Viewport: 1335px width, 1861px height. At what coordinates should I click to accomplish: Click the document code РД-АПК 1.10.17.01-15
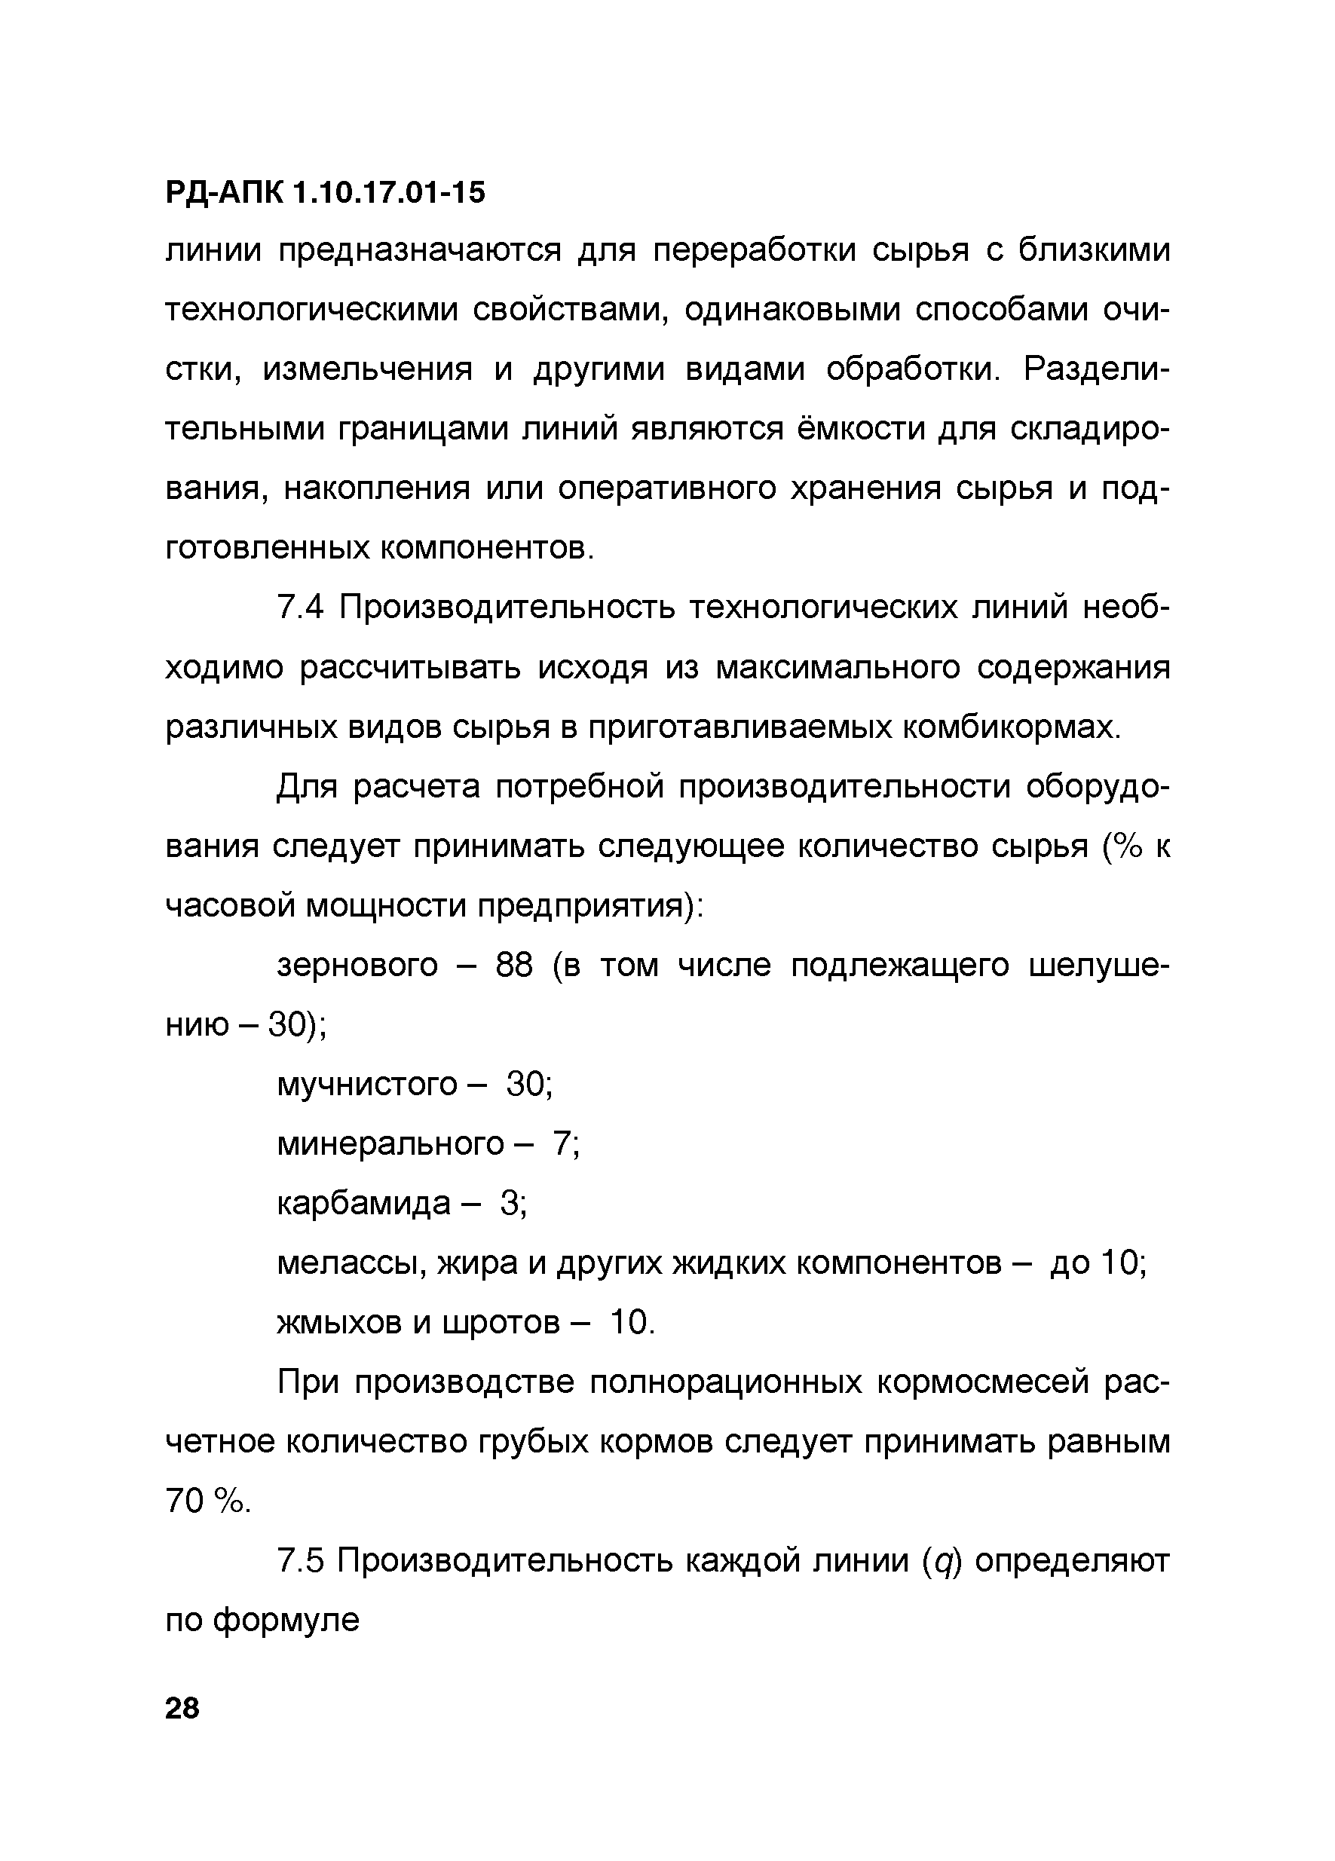[325, 193]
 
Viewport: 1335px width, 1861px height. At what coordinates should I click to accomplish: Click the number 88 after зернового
[513, 966]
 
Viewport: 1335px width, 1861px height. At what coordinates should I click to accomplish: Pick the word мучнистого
[367, 1085]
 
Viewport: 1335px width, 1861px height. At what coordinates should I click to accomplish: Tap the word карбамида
[363, 1203]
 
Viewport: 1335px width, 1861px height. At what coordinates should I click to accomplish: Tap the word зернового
[357, 966]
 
